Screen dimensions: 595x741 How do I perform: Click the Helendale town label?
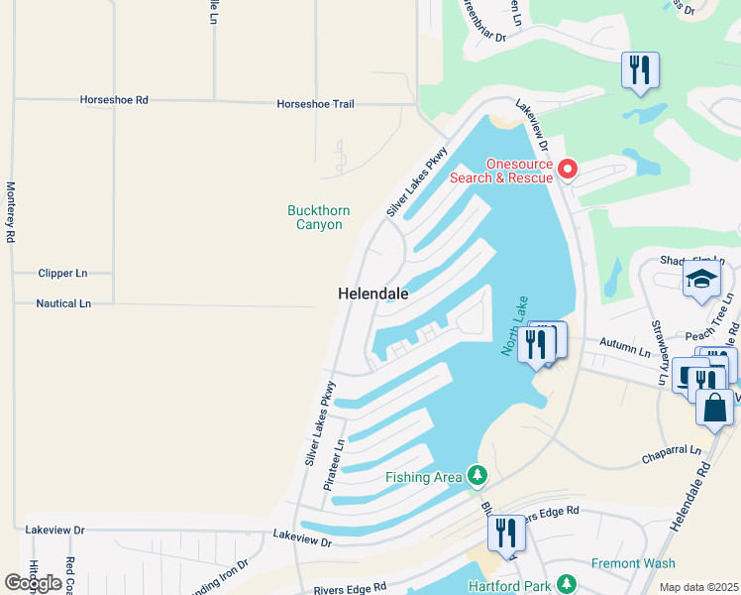(x=373, y=294)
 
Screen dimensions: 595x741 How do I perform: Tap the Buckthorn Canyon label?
(x=318, y=217)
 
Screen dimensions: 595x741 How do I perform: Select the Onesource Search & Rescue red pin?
(x=568, y=170)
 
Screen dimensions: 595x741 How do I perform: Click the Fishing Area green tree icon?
(x=477, y=477)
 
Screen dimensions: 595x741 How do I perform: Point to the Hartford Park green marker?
(x=567, y=583)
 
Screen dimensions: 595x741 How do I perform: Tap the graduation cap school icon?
(x=701, y=281)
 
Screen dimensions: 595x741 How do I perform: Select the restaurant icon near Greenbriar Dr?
(x=640, y=70)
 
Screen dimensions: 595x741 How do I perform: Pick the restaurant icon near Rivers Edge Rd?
(x=506, y=534)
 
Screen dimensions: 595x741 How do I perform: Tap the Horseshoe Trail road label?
(x=316, y=104)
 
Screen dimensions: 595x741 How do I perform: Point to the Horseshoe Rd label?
(x=114, y=100)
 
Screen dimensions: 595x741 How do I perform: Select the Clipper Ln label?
(x=62, y=273)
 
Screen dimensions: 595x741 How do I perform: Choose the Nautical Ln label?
(x=63, y=303)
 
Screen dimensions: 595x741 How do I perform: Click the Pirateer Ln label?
(x=337, y=465)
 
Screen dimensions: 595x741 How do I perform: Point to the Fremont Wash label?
(x=633, y=563)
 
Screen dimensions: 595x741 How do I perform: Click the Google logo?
(x=33, y=583)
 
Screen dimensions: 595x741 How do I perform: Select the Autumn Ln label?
(x=630, y=352)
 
